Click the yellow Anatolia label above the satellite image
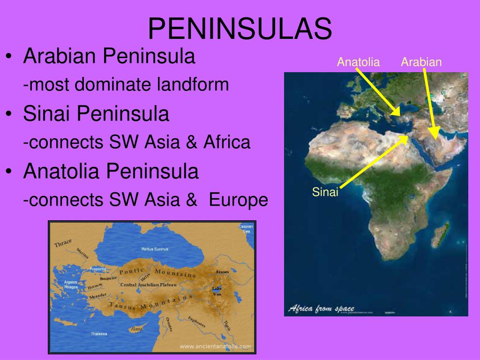[x=358, y=62]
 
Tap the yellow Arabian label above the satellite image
[x=421, y=62]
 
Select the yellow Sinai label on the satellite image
[x=325, y=192]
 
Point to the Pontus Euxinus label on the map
[x=155, y=249]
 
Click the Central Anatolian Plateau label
[x=148, y=285]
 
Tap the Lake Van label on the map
[x=217, y=291]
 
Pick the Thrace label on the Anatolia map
[x=63, y=243]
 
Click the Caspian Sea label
[x=245, y=229]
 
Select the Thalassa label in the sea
[x=99, y=334]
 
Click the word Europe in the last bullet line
[x=239, y=200]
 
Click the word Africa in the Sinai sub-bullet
[x=227, y=142]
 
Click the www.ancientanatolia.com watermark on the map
[x=216, y=347]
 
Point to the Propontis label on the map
[x=98, y=269]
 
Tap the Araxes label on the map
[x=222, y=272]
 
